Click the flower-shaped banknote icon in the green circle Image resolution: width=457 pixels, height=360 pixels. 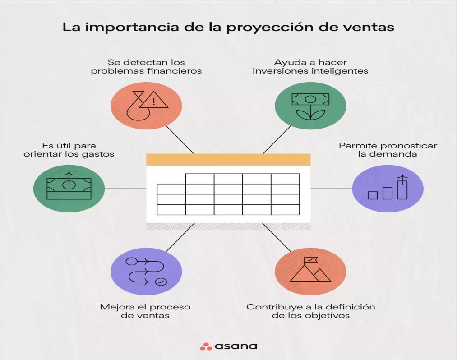tap(310, 106)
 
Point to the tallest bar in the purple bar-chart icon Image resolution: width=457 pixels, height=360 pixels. tap(402, 188)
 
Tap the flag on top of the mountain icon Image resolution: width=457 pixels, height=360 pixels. tap(311, 260)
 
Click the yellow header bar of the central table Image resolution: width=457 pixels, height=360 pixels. tap(228, 160)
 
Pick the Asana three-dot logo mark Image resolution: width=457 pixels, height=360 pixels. tap(206, 346)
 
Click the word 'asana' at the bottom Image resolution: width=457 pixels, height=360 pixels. tap(235, 346)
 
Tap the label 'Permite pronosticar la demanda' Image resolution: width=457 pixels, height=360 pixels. tap(388, 150)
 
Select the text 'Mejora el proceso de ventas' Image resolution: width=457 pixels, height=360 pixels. tap(145, 311)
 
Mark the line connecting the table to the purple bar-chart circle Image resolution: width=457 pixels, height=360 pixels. tap(331, 189)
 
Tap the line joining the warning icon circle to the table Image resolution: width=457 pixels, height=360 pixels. tap(180, 139)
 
